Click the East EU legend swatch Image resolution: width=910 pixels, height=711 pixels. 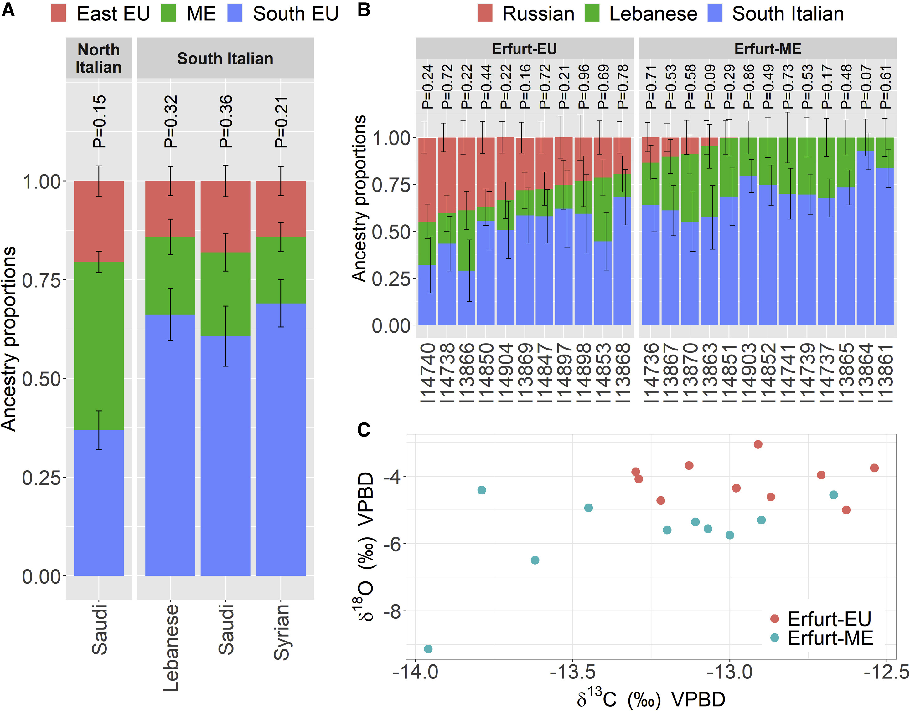pos(59,13)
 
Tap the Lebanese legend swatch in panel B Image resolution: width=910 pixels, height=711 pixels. pos(592,13)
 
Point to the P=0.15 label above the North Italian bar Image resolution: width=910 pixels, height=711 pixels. pos(99,121)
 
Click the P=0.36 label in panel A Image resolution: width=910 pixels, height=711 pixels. pos(225,121)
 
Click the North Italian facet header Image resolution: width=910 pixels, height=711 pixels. pos(99,58)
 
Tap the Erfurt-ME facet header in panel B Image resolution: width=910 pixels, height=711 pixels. pos(768,49)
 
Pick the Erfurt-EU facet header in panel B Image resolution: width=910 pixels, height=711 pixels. pos(524,49)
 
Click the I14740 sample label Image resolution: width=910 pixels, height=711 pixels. pos(427,373)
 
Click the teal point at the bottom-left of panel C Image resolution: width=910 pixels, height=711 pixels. pos(428,648)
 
